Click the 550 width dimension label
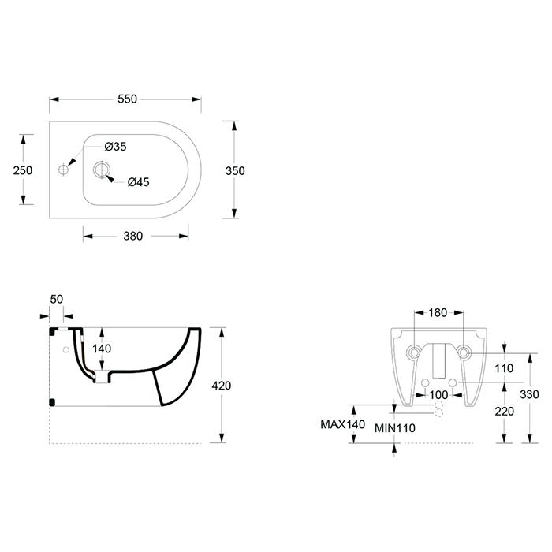pos(127,99)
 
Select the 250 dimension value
pos(23,170)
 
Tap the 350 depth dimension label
pos(235,171)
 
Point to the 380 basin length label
pos(133,236)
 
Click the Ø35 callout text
pos(115,147)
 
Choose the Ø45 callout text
pos(138,182)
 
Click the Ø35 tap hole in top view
pos(63,170)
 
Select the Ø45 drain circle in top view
pos(102,170)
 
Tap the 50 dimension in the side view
pos(56,299)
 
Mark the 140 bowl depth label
pos(102,349)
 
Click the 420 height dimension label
pos(222,386)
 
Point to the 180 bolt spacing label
pos(438,312)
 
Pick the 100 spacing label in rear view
pos(438,395)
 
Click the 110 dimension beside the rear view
pos(504,368)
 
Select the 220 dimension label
pos(504,411)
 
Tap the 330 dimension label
pos(529,394)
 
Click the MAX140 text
pos(342,424)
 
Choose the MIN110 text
pos(394,428)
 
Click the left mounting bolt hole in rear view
pos(414,352)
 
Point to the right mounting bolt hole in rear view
pos(464,352)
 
